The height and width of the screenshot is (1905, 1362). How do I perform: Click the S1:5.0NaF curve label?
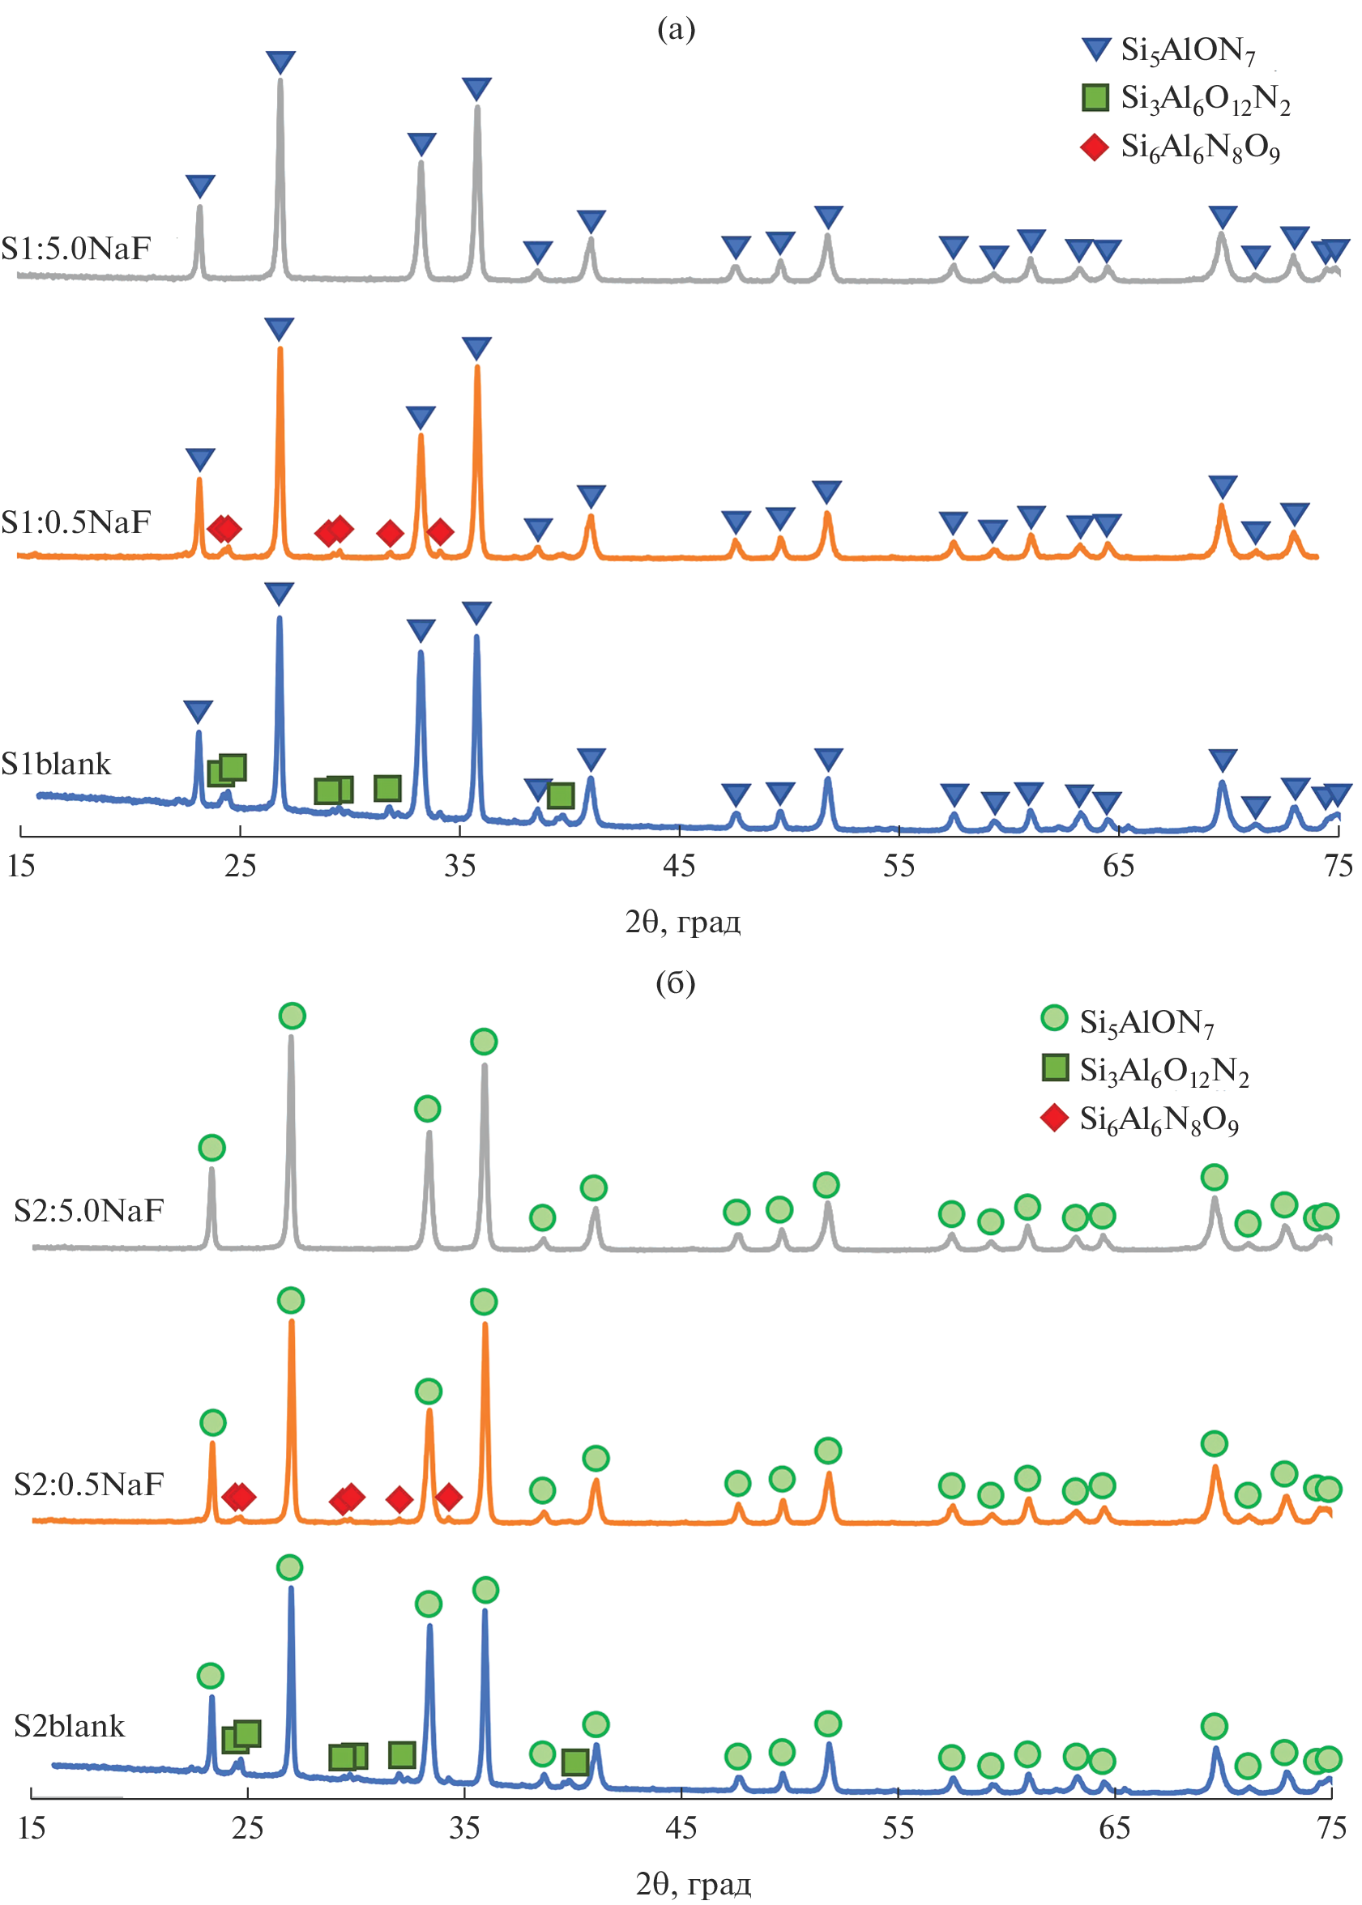[x=76, y=249]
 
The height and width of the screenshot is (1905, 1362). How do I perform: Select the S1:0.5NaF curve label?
[x=76, y=522]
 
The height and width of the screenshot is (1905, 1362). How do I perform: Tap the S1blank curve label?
[x=56, y=764]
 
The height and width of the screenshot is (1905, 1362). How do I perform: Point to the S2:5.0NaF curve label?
[x=89, y=1211]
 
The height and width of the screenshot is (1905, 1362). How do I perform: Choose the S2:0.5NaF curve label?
[x=89, y=1484]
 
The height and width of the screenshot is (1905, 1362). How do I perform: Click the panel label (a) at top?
[x=676, y=29]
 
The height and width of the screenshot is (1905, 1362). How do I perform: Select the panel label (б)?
[x=675, y=982]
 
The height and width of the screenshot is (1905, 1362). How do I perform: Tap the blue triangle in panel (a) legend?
[x=1095, y=49]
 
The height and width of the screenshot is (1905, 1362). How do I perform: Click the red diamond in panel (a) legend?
[x=1095, y=147]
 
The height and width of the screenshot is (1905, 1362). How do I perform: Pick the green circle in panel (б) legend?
[x=1053, y=1018]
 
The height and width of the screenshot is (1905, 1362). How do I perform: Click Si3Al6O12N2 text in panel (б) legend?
[x=1164, y=1071]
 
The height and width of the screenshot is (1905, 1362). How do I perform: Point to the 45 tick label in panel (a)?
[x=678, y=865]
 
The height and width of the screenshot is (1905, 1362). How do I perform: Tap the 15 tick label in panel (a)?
[x=21, y=865]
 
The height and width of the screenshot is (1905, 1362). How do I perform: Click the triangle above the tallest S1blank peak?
[x=280, y=594]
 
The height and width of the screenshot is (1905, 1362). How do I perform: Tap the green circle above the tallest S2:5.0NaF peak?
[x=292, y=1016]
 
